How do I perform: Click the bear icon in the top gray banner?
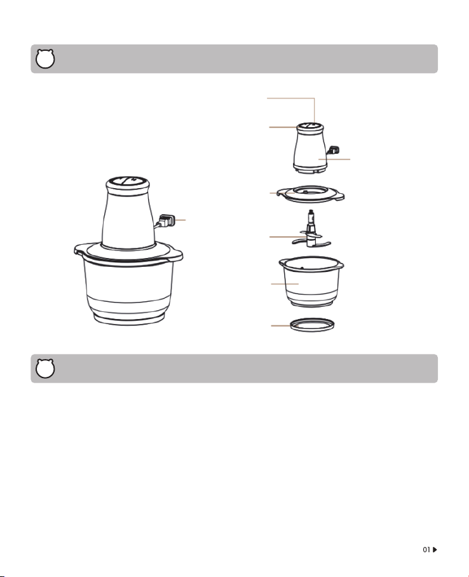pos(45,59)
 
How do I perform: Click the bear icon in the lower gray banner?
pos(45,369)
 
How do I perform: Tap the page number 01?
pos(426,550)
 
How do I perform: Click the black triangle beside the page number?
pos(435,550)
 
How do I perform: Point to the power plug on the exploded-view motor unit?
pos(333,150)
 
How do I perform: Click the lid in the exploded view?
pos(311,194)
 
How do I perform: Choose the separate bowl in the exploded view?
pos(311,281)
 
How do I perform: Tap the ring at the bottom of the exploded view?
pos(312,325)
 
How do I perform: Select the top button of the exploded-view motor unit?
pos(310,127)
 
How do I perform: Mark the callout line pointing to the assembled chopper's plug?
pos(180,220)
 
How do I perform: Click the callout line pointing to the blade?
pos(288,236)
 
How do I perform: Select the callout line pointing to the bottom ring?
pos(284,325)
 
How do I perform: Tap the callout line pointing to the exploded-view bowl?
pos(285,284)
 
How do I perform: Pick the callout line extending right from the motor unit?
pos(334,160)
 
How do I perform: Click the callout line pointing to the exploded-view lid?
pos(282,193)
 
